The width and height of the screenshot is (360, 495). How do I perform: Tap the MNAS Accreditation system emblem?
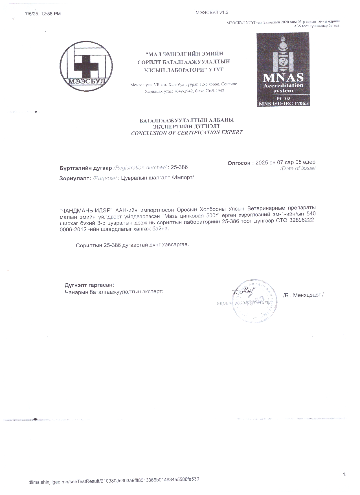(283, 69)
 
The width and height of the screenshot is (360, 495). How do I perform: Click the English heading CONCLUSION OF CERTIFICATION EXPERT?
(187, 133)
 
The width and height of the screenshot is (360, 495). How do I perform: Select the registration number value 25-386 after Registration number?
(179, 167)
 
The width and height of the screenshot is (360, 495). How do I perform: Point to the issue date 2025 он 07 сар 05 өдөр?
(285, 162)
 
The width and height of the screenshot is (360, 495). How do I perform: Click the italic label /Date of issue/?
(297, 168)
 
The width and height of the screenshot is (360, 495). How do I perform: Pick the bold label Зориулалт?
(75, 178)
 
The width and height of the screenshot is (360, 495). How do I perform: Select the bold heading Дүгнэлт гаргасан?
(89, 285)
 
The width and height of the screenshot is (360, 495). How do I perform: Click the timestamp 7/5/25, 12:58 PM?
(43, 14)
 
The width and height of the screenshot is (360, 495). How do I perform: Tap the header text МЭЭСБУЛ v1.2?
(212, 12)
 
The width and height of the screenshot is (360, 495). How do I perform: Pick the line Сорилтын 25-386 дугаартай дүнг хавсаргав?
(132, 245)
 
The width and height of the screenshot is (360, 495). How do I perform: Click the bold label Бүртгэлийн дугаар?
(86, 168)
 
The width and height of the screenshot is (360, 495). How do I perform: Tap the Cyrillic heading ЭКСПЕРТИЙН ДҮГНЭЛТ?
(187, 126)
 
